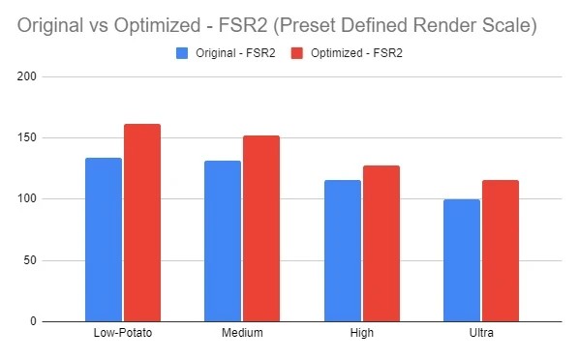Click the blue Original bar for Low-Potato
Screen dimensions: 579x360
tap(104, 240)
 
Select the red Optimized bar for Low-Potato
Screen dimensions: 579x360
tap(142, 223)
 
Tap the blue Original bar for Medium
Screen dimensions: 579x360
tap(223, 241)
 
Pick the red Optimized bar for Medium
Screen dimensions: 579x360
tap(261, 228)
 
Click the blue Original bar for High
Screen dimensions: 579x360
tap(343, 251)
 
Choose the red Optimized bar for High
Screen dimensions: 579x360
tap(381, 243)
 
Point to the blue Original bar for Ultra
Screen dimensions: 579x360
tap(462, 260)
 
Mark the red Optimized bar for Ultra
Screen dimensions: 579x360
tap(501, 251)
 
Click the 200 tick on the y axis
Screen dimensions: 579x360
tap(27, 76)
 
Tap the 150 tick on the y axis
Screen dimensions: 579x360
tap(27, 137)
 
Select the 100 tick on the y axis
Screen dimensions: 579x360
tap(27, 198)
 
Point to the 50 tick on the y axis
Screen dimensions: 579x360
tap(30, 260)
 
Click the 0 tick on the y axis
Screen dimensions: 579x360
tap(33, 321)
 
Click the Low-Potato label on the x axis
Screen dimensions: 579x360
tap(123, 333)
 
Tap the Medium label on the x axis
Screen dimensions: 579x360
tap(242, 333)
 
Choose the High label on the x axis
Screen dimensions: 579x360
tap(362, 333)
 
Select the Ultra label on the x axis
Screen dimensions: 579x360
tap(481, 333)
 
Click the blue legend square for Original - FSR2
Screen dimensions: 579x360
tap(182, 53)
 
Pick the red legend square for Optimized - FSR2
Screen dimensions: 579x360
tap(297, 53)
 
